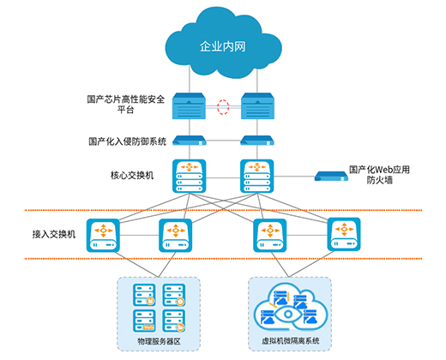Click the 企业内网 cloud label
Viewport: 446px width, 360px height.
coord(223,46)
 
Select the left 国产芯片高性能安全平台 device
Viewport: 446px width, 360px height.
coord(189,106)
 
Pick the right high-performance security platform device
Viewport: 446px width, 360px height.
coord(257,106)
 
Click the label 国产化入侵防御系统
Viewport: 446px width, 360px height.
coord(127,141)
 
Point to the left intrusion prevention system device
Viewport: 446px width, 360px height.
coord(190,141)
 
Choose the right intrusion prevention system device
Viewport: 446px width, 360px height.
coord(257,141)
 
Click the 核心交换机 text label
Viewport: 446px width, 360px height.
coord(132,175)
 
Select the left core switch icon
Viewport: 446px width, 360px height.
coord(190,176)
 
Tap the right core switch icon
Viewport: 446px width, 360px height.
coord(257,176)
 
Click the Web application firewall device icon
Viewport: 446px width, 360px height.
coord(331,177)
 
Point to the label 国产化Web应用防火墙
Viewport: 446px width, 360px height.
coord(379,175)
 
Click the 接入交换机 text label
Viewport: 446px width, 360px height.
coord(54,234)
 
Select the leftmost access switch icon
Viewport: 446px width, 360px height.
coord(103,236)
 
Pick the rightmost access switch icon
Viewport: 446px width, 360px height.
coord(344,234)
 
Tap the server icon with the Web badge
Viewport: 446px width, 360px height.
coord(144,321)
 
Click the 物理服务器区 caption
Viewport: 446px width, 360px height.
coord(159,341)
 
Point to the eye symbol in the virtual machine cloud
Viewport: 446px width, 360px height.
coord(288,315)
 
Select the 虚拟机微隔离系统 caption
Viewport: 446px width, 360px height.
coord(291,341)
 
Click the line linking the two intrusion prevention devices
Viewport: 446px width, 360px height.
coord(223,141)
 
